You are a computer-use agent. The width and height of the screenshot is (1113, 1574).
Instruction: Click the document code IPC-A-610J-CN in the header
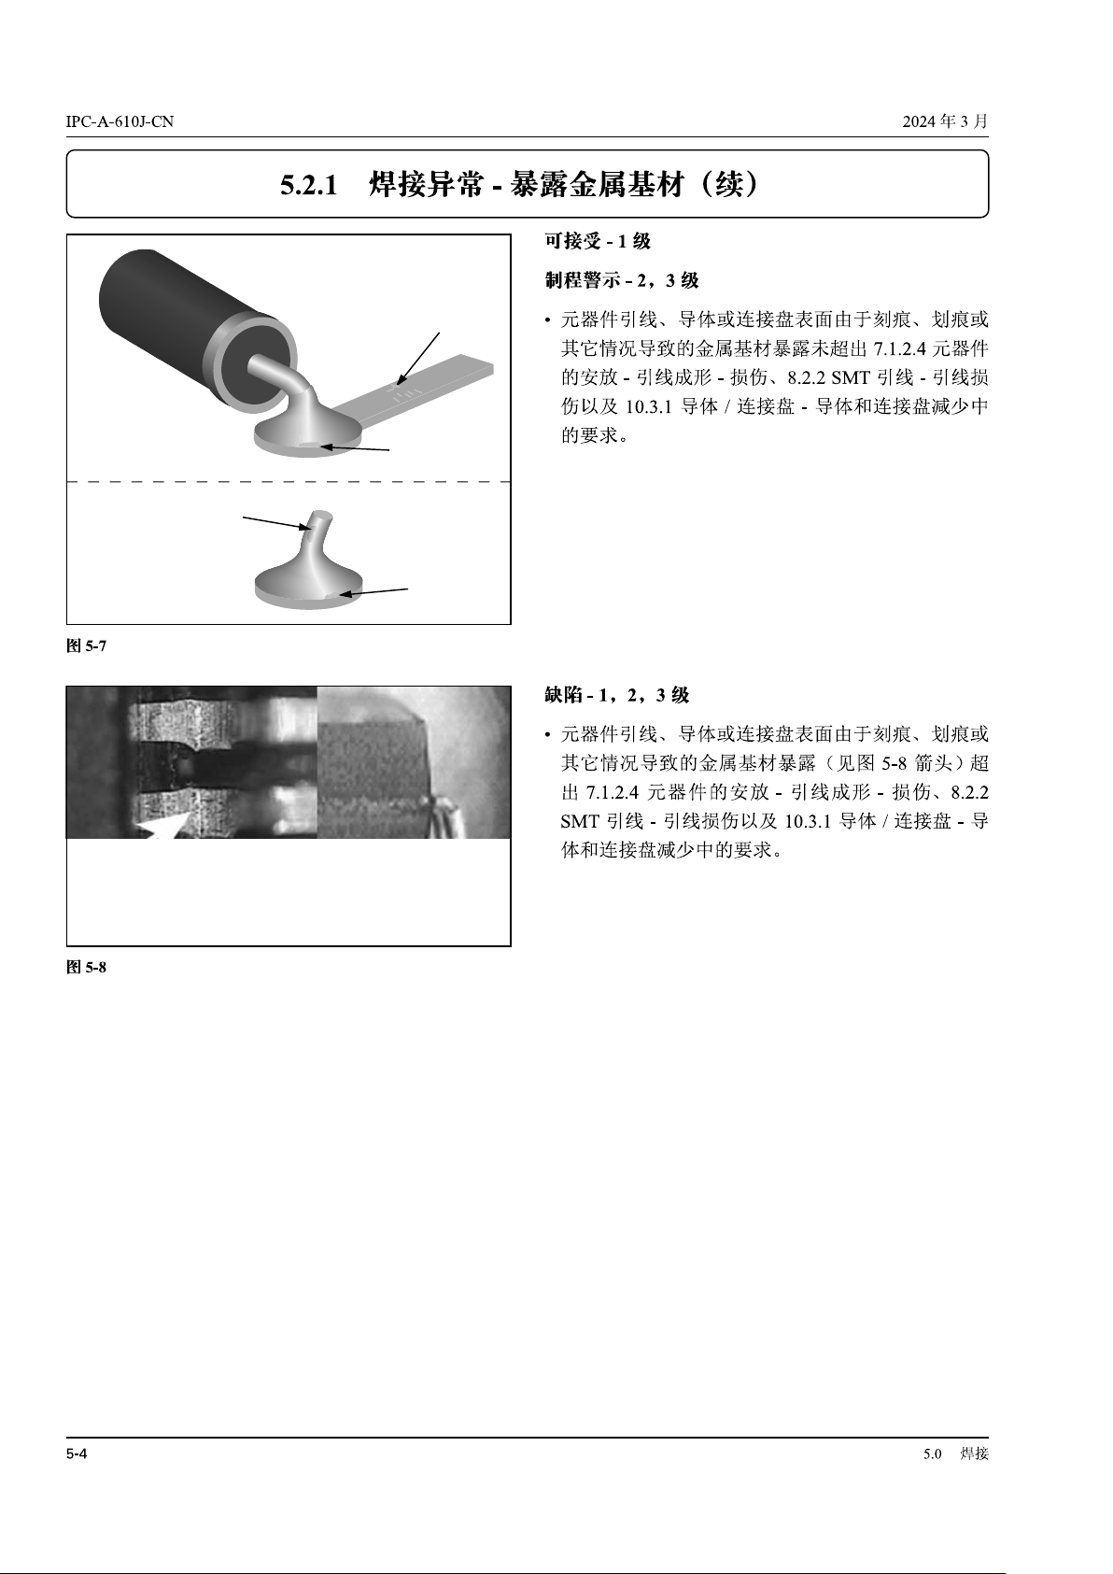(120, 121)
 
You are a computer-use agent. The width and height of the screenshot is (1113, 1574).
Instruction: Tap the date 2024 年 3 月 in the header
(945, 121)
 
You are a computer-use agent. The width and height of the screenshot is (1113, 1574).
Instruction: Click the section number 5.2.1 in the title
(309, 185)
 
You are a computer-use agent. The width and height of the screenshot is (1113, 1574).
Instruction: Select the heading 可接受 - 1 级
(598, 241)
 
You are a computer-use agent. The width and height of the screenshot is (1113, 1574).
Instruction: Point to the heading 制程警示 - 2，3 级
(622, 280)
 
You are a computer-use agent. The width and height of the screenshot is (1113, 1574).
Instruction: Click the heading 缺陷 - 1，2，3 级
(617, 695)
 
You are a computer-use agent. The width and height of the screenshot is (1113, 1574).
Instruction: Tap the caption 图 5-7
(87, 645)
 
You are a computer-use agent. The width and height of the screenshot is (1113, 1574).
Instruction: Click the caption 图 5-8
(87, 967)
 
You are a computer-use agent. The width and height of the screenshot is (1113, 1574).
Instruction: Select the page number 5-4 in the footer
(77, 1453)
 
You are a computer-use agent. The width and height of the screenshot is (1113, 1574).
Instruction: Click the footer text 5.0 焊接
(956, 1453)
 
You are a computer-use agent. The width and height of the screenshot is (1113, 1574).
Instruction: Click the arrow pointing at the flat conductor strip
(417, 359)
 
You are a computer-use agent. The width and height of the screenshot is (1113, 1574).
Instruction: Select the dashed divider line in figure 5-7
(289, 482)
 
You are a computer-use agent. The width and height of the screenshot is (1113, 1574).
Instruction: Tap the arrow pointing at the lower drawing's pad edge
(373, 591)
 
